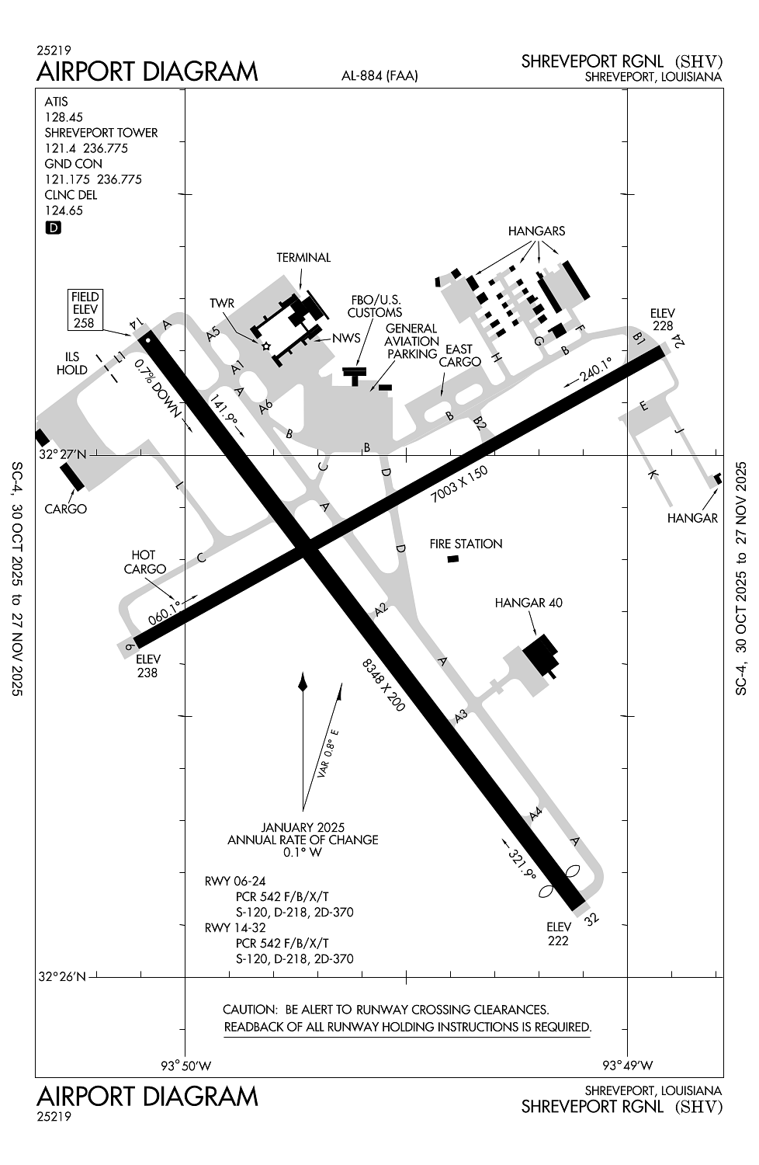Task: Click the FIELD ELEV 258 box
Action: click(x=85, y=309)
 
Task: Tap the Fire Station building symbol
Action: click(x=453, y=559)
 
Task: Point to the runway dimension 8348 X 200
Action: click(x=384, y=684)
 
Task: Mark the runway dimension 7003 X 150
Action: click(x=460, y=487)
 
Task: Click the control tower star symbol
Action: click(x=266, y=346)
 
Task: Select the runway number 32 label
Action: click(x=592, y=920)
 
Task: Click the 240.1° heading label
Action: click(x=595, y=367)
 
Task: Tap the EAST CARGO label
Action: click(x=460, y=356)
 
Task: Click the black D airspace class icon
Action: click(x=54, y=228)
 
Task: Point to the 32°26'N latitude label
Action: click(x=63, y=976)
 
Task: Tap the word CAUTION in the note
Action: click(x=249, y=1010)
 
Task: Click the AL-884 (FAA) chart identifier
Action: click(x=379, y=75)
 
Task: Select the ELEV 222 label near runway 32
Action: click(x=558, y=934)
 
